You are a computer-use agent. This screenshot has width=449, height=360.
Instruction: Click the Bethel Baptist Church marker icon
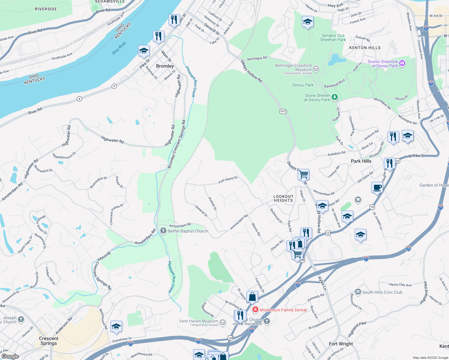[163, 231]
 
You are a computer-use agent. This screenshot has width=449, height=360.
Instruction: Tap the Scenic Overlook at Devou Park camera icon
[402, 63]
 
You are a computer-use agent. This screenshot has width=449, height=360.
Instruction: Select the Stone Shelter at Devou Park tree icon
[335, 97]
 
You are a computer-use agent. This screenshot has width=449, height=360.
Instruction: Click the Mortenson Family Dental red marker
[255, 310]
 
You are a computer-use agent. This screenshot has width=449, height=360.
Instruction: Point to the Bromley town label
[165, 66]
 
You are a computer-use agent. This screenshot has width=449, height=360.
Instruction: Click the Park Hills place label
[361, 161]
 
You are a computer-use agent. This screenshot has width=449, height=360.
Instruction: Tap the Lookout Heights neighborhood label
[283, 198]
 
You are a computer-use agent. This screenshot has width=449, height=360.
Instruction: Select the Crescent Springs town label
[49, 341]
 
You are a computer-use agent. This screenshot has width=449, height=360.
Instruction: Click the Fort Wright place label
[341, 344]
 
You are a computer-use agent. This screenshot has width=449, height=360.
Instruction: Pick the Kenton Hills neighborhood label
[365, 48]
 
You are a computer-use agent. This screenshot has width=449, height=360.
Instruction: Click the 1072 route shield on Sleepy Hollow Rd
[283, 111]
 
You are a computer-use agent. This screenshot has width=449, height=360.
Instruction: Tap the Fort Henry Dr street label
[228, 180]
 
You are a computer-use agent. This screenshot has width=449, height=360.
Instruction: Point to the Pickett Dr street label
[212, 203]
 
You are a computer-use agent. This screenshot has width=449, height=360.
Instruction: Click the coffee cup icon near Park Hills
[377, 187]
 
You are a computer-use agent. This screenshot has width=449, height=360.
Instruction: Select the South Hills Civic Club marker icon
[358, 292]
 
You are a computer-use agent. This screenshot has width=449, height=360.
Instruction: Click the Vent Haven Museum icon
[222, 322]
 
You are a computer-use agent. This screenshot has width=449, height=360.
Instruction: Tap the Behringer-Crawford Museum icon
[316, 69]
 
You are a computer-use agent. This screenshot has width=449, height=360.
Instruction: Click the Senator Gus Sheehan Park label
[333, 37]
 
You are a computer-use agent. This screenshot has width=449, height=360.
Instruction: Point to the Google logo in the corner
[10, 356]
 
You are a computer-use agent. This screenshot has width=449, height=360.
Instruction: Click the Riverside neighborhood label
[46, 9]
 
